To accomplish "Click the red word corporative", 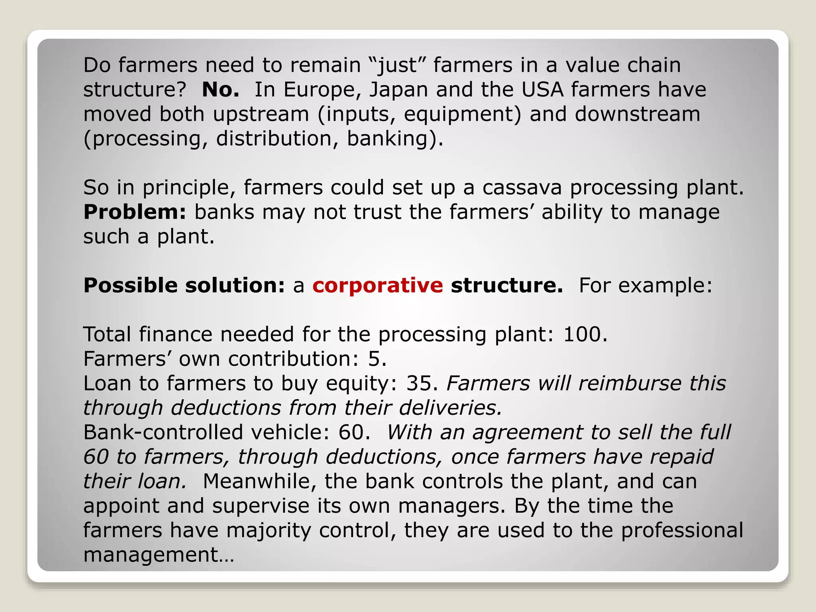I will coord(377,285).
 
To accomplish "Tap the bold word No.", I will coord(220,90).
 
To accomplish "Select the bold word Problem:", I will coord(135,212).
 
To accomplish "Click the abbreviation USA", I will coord(542,90).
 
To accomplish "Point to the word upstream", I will coord(261,114).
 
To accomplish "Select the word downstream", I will coord(637,114).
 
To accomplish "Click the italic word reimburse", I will coord(630,383).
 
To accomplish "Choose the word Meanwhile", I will coord(259,481).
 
